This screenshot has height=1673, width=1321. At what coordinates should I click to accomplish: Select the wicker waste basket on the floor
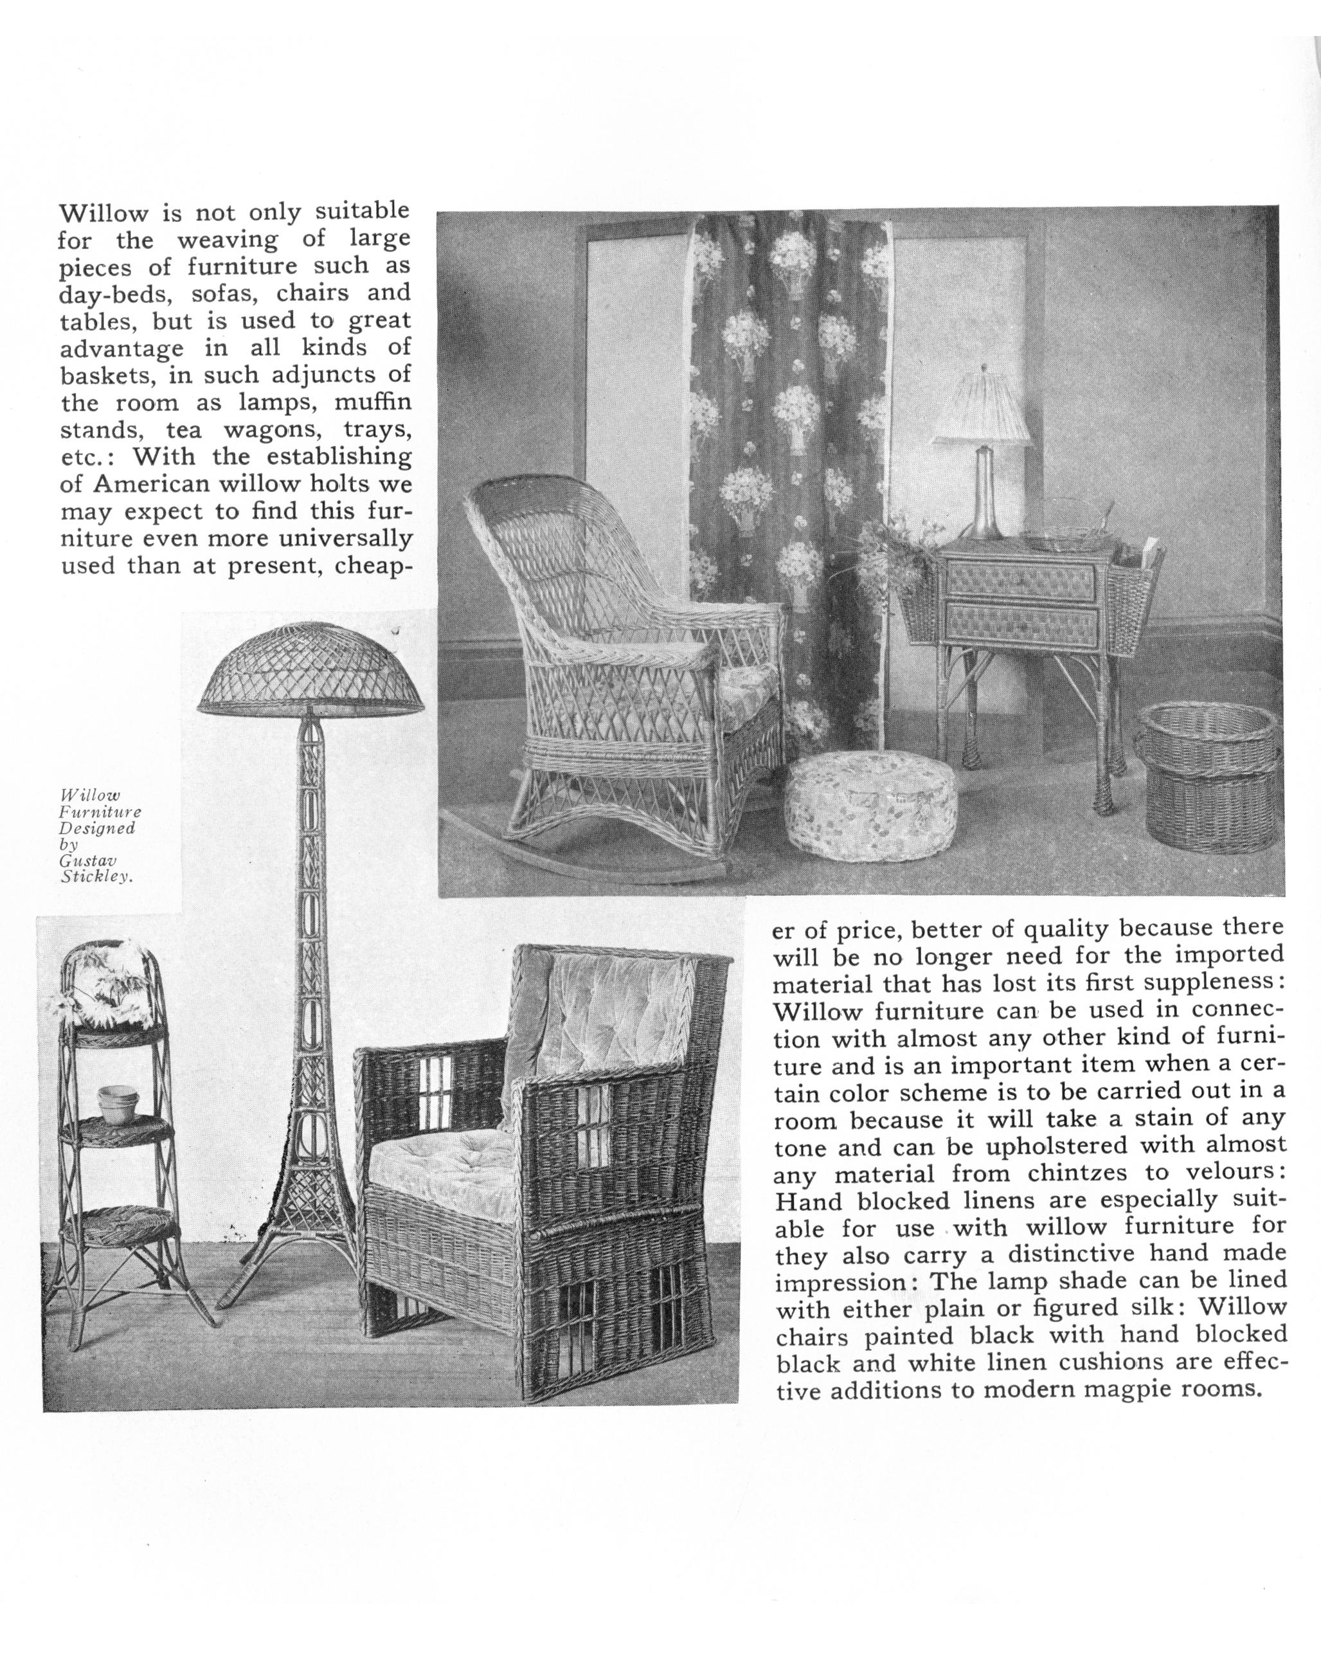(x=1209, y=777)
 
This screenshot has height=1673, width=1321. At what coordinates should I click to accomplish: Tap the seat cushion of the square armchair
(x=445, y=1155)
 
